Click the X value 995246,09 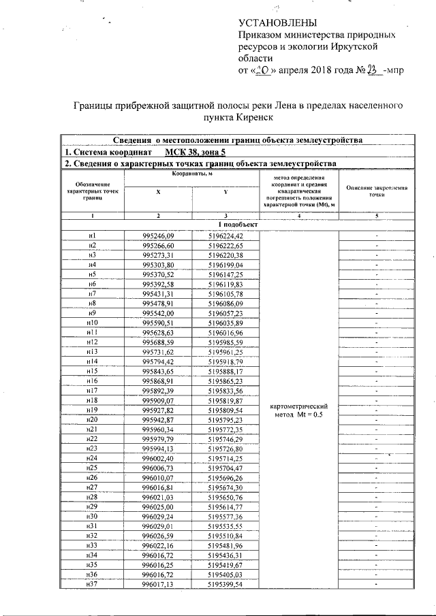[x=158, y=235]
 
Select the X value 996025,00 [x=158, y=507]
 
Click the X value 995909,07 [x=158, y=401]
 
